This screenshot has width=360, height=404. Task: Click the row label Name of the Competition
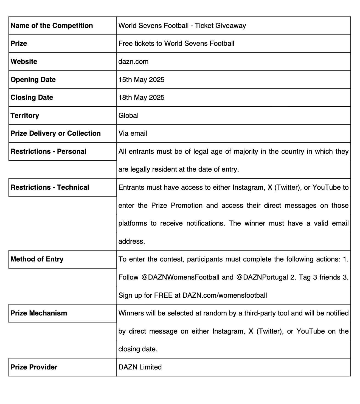(x=52, y=26)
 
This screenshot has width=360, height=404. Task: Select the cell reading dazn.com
(x=133, y=62)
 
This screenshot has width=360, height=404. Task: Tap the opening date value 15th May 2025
(x=141, y=80)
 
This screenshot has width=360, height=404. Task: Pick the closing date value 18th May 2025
(x=141, y=98)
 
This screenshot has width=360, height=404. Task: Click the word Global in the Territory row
(x=128, y=115)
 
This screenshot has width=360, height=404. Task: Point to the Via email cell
(x=133, y=133)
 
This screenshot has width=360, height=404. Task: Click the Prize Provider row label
(x=34, y=367)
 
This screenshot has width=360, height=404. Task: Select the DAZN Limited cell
(x=140, y=367)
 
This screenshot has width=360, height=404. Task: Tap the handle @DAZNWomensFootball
(x=180, y=277)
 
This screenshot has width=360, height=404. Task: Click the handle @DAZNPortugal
(x=262, y=277)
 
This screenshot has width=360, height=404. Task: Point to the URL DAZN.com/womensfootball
(x=224, y=295)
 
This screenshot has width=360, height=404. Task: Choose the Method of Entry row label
(x=37, y=259)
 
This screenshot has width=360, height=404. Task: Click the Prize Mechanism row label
(x=39, y=313)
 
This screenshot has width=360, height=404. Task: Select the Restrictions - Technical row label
(x=50, y=187)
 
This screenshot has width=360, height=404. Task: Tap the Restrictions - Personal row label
(x=48, y=152)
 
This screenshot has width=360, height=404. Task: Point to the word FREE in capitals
(x=163, y=295)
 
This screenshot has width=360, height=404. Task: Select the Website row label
(x=24, y=62)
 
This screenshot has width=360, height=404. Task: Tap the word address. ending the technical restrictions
(x=132, y=241)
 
